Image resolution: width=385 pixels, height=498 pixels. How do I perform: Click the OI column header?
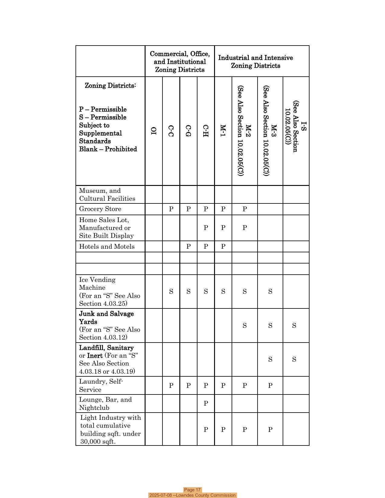[154, 130]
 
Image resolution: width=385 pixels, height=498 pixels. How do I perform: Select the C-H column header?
[206, 131]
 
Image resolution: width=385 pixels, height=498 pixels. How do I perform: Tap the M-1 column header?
[223, 130]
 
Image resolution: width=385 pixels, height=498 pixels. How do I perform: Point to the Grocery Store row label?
[100, 209]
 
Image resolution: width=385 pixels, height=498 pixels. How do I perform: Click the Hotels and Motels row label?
[107, 247]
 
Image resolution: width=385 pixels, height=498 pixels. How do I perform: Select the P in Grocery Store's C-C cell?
[171, 209]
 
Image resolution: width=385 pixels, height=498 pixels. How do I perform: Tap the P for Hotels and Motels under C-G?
[188, 247]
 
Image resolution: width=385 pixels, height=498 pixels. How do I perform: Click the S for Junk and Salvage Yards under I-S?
[294, 326]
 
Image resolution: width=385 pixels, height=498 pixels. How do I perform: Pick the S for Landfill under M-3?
[270, 359]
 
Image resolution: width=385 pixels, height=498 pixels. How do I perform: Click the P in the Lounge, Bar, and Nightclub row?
[206, 404]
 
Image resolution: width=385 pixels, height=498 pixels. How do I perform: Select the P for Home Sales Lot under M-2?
[245, 228]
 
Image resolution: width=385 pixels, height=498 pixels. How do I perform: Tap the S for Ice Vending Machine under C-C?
[171, 292]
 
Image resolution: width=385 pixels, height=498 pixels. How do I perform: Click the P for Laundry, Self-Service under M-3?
[270, 385]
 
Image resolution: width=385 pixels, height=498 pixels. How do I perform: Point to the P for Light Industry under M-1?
[223, 430]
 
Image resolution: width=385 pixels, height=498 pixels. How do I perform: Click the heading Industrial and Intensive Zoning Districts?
[255, 62]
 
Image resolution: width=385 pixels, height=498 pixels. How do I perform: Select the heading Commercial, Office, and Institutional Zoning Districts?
[180, 62]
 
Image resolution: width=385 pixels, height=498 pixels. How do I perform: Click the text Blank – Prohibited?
[108, 149]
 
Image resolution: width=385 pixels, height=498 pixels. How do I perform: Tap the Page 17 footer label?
[192, 490]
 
